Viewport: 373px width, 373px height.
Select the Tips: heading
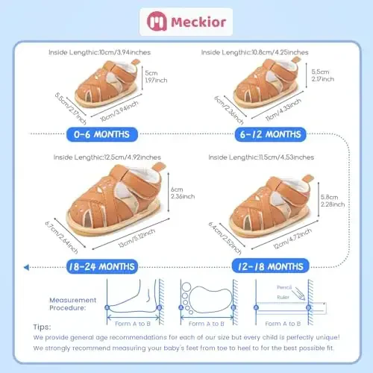(x=42, y=327)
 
